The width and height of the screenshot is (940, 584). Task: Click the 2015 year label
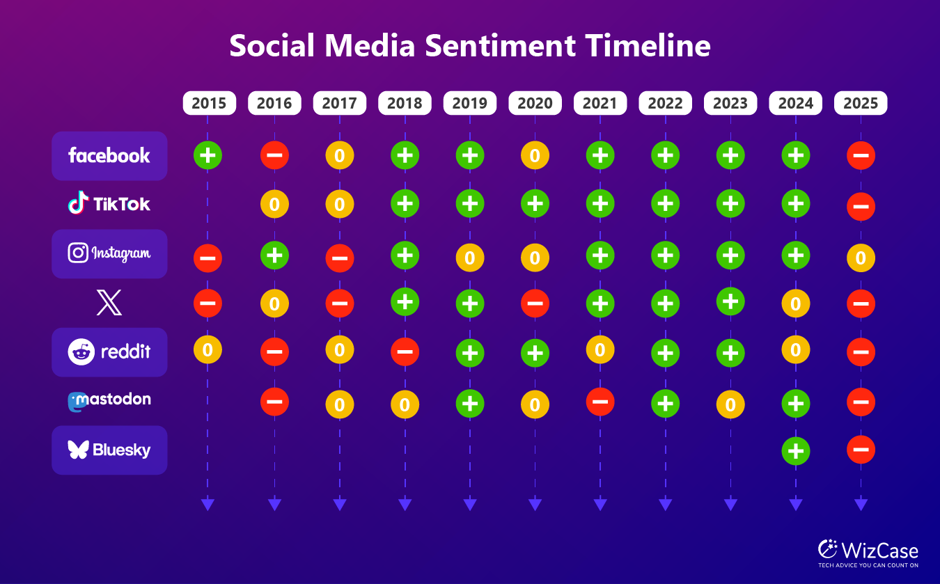[209, 103]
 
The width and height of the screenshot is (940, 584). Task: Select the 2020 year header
[535, 103]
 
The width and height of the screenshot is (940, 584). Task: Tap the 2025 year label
[861, 103]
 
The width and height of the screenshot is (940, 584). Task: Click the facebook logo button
[109, 156]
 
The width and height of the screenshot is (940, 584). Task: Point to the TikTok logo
[109, 203]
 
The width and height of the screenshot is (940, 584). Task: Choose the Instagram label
[109, 253]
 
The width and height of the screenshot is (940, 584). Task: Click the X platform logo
[109, 302]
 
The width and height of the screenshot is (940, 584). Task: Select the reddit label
[109, 352]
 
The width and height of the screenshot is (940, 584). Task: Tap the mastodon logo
[109, 401]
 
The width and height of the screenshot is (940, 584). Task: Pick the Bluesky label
[109, 450]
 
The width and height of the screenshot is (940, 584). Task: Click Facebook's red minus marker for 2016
[274, 155]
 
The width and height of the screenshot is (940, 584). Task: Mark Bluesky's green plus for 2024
[796, 452]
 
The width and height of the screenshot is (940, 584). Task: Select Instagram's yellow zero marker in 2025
[861, 258]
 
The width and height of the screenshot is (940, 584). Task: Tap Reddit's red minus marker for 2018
[405, 352]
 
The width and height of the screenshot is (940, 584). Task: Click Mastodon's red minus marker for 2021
[600, 402]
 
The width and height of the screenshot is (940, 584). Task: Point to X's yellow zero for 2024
[796, 303]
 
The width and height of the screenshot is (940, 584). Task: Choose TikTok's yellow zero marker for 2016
[274, 205]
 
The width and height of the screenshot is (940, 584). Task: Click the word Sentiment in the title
[500, 45]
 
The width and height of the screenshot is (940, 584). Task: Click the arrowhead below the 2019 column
[470, 505]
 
